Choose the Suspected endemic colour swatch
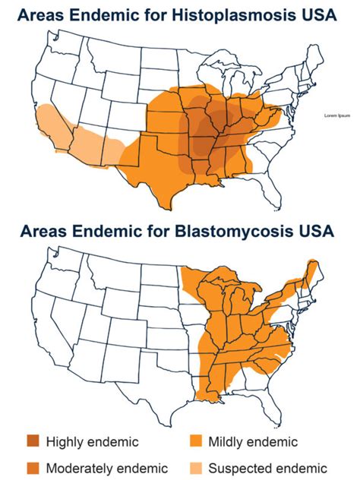coord(199,467)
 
